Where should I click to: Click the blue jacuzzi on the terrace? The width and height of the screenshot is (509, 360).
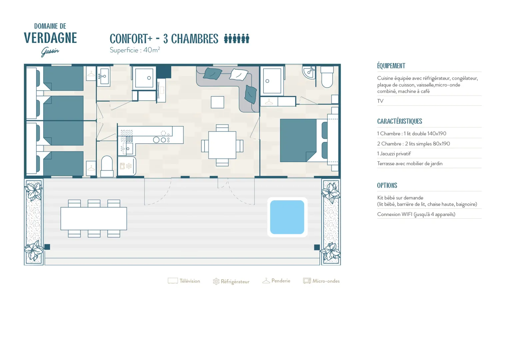point(287,217)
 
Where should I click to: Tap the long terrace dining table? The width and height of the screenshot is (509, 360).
point(94,219)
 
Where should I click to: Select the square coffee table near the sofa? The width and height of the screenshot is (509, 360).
point(218,102)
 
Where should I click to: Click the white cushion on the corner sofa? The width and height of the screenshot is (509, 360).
point(239,75)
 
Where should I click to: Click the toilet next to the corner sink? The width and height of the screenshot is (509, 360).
point(327,77)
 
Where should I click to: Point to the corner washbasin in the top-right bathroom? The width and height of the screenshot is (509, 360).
point(309,72)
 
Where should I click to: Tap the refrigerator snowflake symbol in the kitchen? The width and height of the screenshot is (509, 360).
point(129,166)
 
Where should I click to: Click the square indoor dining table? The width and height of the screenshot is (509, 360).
point(222,145)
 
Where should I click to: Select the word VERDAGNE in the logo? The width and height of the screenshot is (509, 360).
point(50,38)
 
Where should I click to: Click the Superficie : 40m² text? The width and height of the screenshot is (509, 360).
point(135,50)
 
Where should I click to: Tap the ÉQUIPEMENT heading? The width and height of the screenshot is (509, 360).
point(391,66)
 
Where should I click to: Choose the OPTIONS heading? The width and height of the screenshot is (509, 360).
point(387,185)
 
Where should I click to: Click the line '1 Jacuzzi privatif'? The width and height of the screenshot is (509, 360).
point(394,154)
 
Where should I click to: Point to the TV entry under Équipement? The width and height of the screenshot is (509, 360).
point(380,101)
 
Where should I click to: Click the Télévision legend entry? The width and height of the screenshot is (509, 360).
point(184,281)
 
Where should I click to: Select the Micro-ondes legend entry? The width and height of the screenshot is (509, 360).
point(321,281)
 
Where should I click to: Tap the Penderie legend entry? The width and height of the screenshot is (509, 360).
point(276,281)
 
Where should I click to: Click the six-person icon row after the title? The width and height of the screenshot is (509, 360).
point(237,38)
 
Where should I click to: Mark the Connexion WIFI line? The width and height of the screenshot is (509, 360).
point(416,214)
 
